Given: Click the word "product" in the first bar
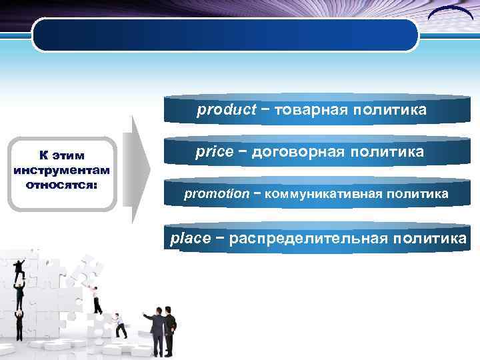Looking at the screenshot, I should click(x=226, y=110).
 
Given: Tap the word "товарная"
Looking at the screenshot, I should click(x=307, y=110).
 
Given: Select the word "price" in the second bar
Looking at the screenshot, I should click(x=214, y=152).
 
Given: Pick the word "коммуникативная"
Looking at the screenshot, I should click(x=319, y=194).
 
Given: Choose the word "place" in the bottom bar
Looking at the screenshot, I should click(x=191, y=239).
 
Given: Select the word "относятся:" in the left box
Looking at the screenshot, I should click(x=61, y=183).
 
